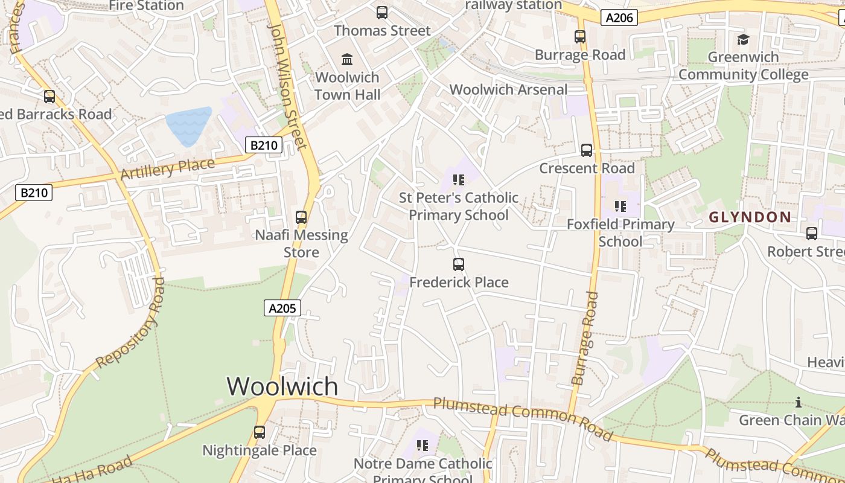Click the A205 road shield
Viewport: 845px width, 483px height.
coord(282,308)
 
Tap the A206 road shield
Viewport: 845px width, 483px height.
coord(619,18)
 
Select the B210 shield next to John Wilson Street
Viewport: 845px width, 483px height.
coord(264,145)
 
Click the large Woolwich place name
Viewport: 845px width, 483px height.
coord(282,386)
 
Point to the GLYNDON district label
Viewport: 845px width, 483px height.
coord(750,217)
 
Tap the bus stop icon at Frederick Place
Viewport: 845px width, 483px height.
coord(459,264)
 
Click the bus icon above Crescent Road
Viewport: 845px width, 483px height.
coord(586,150)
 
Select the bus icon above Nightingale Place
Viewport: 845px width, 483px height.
coord(260,432)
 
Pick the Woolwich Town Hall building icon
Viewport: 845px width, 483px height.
coord(347,59)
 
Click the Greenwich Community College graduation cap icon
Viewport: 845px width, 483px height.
coord(743,39)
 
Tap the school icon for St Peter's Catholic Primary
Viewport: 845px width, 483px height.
coord(459,179)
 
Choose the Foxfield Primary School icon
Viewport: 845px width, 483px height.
coord(620,206)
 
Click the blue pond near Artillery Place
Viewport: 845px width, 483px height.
coord(188,126)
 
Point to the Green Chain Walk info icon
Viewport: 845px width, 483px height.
coord(799,402)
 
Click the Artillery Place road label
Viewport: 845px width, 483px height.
coord(167,168)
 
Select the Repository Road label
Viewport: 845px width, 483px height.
coord(130,324)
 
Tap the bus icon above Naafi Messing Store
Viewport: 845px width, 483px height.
coord(301,217)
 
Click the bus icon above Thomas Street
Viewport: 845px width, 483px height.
coord(382,12)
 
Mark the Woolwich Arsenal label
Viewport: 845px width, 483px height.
coord(508,89)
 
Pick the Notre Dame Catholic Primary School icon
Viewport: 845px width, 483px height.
coord(422,446)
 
